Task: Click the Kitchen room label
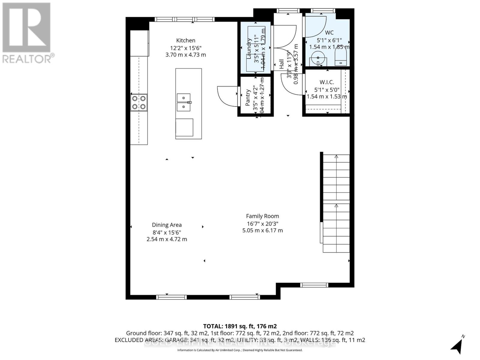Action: click(186, 40)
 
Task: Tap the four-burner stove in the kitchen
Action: click(139, 102)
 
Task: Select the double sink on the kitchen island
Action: click(184, 102)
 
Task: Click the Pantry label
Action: click(248, 98)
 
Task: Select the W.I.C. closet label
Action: click(327, 82)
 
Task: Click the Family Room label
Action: click(262, 216)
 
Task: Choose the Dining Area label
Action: click(167, 225)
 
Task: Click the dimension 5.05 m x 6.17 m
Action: click(262, 230)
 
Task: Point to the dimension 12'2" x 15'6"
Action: click(186, 48)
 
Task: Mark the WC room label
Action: click(329, 32)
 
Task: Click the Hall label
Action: click(281, 64)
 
